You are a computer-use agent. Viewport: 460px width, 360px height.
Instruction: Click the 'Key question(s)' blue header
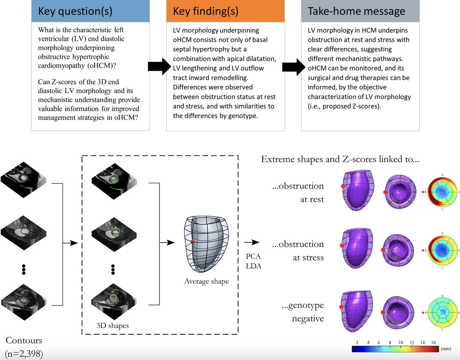point(90,11)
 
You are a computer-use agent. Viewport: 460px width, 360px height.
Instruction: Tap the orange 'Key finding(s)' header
point(225,11)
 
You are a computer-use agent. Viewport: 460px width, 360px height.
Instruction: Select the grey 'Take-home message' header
point(360,11)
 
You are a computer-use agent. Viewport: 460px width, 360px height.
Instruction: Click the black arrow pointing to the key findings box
point(159,66)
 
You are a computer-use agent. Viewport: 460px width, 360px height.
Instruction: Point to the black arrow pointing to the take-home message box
point(294,67)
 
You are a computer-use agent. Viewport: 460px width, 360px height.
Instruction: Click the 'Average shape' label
point(206,281)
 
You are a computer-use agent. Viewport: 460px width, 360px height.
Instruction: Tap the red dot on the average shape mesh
point(192,242)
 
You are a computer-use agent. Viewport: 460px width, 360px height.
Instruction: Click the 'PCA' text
point(253,256)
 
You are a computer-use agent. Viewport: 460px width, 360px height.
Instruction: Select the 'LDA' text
point(253,266)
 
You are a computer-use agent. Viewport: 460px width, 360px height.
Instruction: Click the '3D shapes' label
point(112,325)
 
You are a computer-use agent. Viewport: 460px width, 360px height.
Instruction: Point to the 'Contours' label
point(24,340)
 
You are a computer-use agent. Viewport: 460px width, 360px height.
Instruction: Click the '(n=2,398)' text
point(24,353)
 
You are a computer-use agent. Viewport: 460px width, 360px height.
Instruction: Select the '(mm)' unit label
point(446,348)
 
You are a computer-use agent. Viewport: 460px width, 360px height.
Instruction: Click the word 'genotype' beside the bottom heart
point(306,306)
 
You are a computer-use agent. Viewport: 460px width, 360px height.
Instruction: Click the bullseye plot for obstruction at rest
point(442,192)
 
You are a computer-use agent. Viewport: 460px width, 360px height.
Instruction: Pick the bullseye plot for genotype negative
point(442,312)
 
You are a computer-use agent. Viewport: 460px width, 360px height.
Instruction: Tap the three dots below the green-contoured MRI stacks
point(113,270)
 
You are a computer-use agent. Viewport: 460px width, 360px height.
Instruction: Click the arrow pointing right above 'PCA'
point(251,242)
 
